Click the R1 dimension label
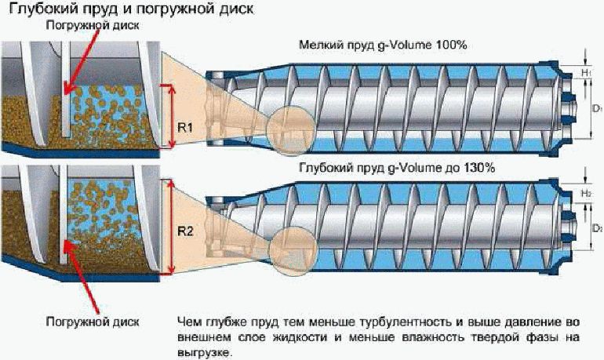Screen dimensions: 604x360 click(185, 127)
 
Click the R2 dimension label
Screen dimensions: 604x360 click(185, 231)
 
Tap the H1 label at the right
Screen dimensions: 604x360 click(586, 72)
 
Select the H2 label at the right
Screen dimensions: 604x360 click(586, 193)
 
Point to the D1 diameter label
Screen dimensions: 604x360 click(598, 109)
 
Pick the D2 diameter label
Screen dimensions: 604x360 click(598, 228)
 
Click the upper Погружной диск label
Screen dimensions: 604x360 click(93, 25)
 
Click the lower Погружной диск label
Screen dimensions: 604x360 click(93, 322)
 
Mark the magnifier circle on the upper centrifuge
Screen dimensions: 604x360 click(291, 130)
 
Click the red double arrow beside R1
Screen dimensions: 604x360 click(172, 116)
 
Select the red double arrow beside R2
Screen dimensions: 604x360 click(172, 227)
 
